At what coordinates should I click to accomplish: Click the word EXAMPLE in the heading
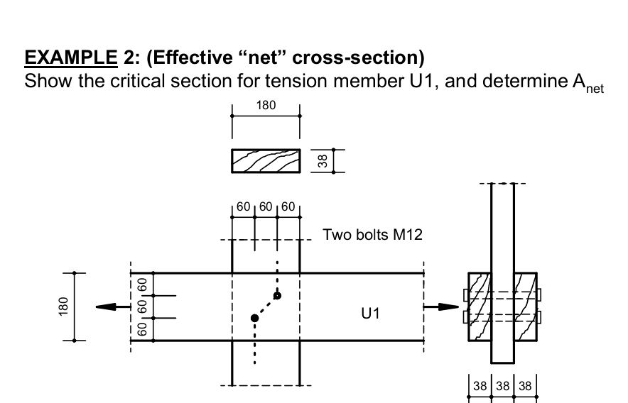[70, 57]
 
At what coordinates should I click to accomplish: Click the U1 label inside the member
[371, 312]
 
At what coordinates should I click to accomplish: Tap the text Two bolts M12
[372, 234]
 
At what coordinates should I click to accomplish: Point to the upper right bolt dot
[277, 295]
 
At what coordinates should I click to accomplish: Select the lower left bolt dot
[254, 318]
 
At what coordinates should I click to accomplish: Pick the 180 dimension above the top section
[265, 106]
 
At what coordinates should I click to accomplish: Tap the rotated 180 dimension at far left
[64, 307]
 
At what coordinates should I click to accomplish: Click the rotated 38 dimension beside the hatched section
[322, 161]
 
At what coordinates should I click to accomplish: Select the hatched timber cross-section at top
[265, 161]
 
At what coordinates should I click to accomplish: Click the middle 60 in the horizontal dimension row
[265, 207]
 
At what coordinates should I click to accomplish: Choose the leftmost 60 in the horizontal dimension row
[244, 207]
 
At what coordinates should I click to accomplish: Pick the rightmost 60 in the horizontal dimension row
[287, 207]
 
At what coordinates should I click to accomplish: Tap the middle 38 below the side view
[502, 387]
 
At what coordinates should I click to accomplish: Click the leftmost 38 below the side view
[480, 387]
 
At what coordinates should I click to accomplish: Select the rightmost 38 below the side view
[524, 387]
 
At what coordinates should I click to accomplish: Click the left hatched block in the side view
[480, 307]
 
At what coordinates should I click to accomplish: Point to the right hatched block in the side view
[525, 307]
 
